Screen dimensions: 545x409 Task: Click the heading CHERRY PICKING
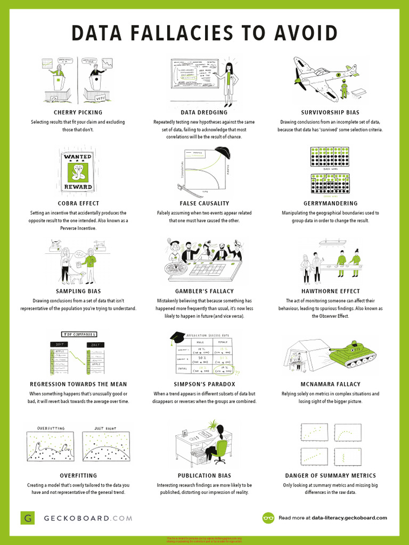tap(78, 113)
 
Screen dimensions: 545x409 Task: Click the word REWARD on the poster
tap(78, 187)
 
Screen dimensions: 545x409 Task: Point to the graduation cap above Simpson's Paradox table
tap(177, 337)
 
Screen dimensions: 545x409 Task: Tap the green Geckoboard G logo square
tap(28, 518)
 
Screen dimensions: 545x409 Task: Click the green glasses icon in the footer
tap(268, 518)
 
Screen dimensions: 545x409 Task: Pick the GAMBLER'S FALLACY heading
tap(204, 292)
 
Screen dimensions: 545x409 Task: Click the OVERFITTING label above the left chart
tap(51, 428)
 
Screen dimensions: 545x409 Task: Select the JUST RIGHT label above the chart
tap(107, 428)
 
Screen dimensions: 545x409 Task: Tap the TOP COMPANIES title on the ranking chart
tap(79, 334)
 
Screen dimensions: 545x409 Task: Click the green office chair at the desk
tap(220, 450)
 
